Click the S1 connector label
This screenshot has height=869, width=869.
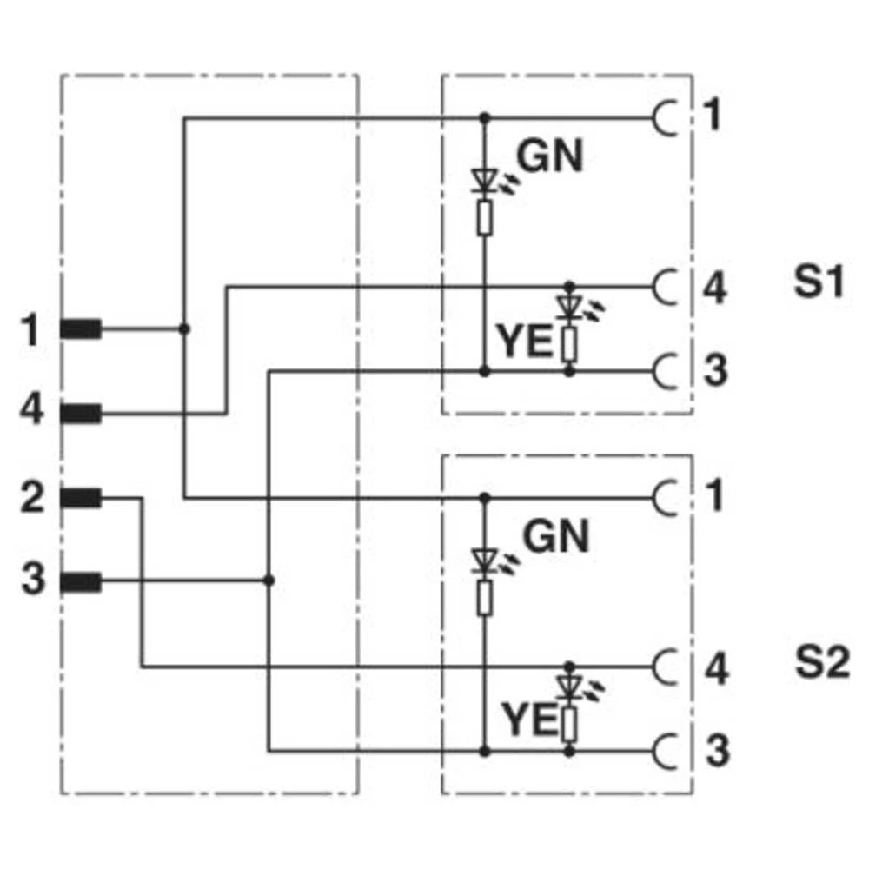tap(818, 283)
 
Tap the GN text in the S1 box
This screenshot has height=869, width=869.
tap(549, 157)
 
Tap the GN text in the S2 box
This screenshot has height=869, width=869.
tap(556, 537)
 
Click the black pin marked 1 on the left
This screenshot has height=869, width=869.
tap(81, 329)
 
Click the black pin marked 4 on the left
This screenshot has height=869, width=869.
tap(81, 414)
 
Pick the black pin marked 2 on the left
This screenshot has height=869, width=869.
tap(81, 498)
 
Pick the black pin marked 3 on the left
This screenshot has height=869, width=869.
tap(81, 581)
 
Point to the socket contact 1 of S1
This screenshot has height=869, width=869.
tap(665, 117)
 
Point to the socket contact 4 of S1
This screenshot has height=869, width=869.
tap(665, 286)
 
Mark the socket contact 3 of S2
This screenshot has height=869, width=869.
tap(665, 749)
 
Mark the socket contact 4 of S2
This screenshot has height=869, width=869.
tap(665, 667)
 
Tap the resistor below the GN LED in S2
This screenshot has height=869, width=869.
tap(485, 597)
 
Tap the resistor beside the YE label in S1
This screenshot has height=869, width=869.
tap(569, 345)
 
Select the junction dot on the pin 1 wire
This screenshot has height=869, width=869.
tap(184, 329)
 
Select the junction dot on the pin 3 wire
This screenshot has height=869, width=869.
tap(269, 580)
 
